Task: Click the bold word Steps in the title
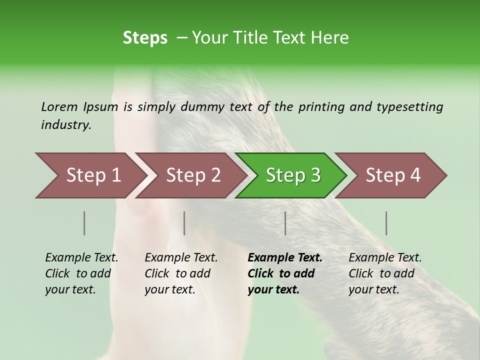pyautogui.click(x=145, y=38)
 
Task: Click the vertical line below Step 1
pyautogui.click(x=84, y=223)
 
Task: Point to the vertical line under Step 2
pyautogui.click(x=184, y=223)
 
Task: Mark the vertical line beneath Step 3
pyautogui.click(x=285, y=223)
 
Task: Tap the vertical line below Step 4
pyautogui.click(x=386, y=223)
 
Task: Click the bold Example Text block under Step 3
pyautogui.click(x=284, y=273)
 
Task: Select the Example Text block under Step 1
pyautogui.click(x=81, y=273)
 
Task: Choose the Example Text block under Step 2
pyautogui.click(x=180, y=273)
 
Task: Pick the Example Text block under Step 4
pyautogui.click(x=384, y=273)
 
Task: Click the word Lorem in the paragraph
pyautogui.click(x=59, y=106)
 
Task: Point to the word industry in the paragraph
pyautogui.click(x=66, y=125)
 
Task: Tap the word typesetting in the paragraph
pyautogui.click(x=409, y=107)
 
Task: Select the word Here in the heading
pyautogui.click(x=330, y=38)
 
